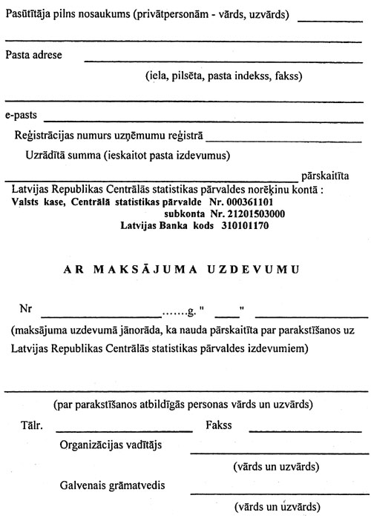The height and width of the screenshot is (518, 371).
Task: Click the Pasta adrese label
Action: point(33,55)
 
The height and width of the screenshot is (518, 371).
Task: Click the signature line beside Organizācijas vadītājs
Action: point(279,453)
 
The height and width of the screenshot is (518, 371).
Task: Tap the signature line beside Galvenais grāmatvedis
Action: point(279,493)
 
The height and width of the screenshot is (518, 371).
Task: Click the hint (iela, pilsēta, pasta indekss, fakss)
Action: point(223,76)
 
